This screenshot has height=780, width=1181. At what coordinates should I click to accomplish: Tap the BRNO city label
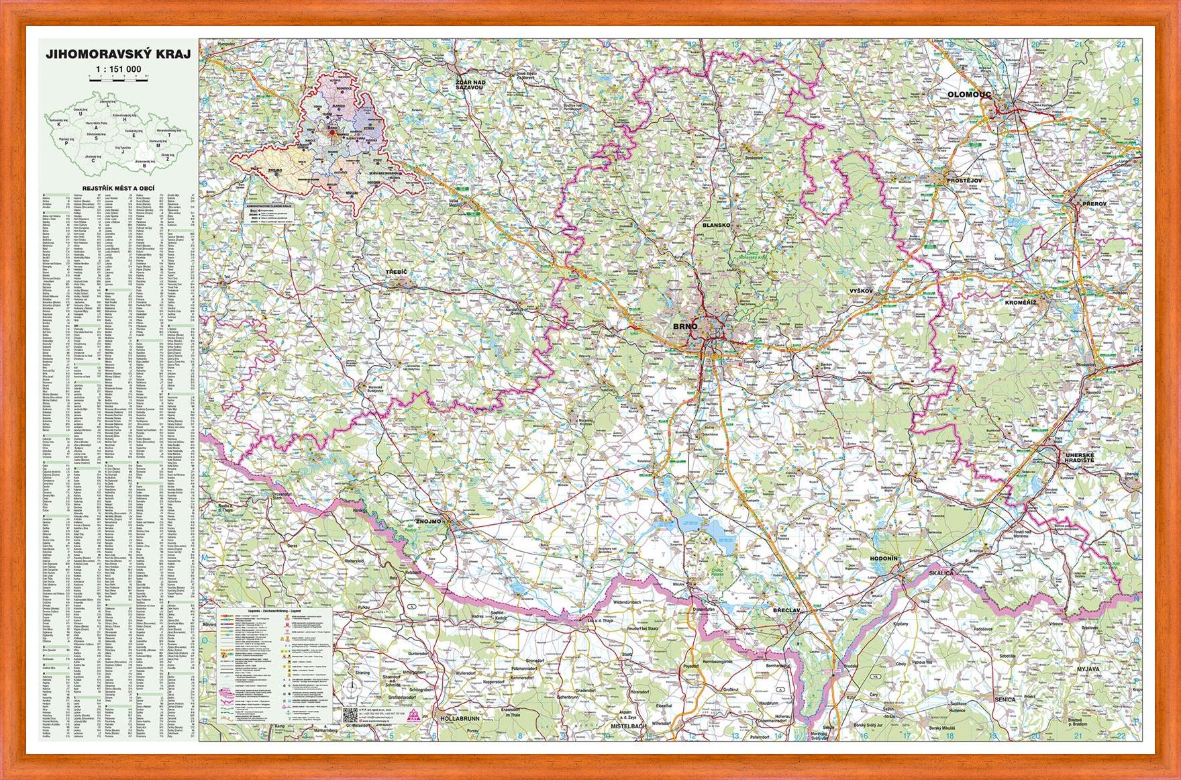coord(685,326)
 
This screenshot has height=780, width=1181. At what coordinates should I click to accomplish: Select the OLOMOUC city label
coord(970,95)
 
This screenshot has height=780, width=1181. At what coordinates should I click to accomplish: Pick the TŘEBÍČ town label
coord(397,271)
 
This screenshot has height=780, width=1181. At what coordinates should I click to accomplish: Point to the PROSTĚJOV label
coord(964,181)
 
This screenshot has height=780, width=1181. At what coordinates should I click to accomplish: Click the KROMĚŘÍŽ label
coord(1021,303)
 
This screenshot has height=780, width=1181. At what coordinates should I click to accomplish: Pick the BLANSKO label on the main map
coord(715,226)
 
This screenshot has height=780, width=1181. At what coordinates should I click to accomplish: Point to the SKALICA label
coord(943,575)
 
